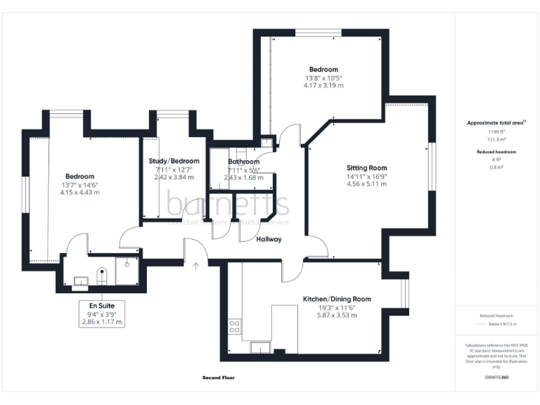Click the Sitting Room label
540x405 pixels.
tap(366, 168)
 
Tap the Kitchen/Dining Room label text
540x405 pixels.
tap(336, 299)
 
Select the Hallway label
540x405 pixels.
tap(269, 239)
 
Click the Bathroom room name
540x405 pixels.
tap(243, 162)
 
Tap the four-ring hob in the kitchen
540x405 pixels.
tap(235, 327)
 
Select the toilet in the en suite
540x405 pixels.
tap(101, 272)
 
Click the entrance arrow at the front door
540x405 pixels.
tap(196, 265)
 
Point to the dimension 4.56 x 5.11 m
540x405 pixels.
tap(366, 184)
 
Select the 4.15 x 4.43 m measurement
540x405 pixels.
tap(79, 192)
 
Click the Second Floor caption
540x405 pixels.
tap(218, 378)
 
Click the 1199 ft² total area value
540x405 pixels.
tap(496, 131)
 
